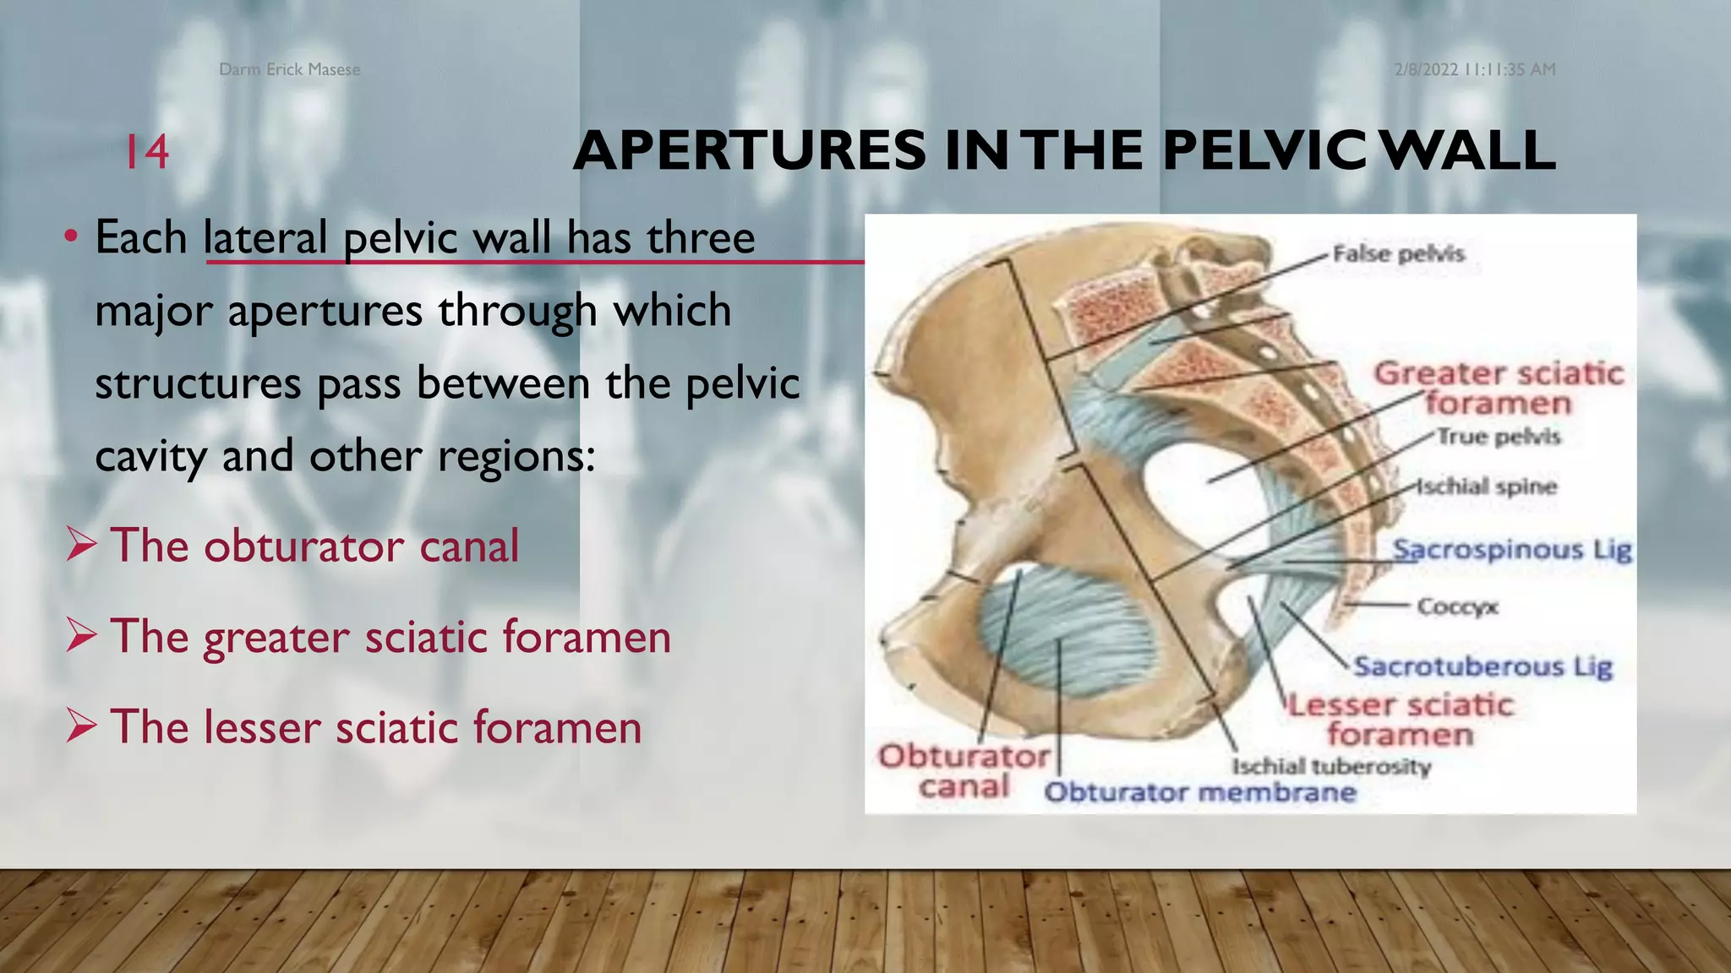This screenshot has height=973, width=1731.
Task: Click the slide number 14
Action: [x=147, y=152]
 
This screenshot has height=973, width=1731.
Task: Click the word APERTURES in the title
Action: [x=749, y=151]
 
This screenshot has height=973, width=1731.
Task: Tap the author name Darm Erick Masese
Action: [x=289, y=69]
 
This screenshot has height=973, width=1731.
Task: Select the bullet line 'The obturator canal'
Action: [x=314, y=546]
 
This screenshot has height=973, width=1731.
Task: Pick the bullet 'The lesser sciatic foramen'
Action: [x=375, y=726]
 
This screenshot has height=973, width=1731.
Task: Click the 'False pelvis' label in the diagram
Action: [x=1398, y=253]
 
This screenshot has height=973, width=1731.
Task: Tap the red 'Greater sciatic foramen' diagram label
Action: [x=1498, y=388]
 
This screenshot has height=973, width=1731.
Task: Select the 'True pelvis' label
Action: [x=1499, y=437]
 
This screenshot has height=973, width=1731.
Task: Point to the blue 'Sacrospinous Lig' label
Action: [x=1512, y=550]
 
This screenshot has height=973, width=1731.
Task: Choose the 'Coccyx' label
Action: [x=1457, y=606]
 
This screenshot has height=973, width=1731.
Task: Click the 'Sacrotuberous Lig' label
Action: [x=1483, y=666]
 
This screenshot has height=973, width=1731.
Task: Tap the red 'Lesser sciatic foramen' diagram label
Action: [x=1400, y=719]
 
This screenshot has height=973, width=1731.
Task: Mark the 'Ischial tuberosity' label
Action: [x=1331, y=766]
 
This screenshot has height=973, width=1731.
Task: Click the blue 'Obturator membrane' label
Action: [x=1200, y=792]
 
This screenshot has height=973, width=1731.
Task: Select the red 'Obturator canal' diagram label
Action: [x=964, y=770]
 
